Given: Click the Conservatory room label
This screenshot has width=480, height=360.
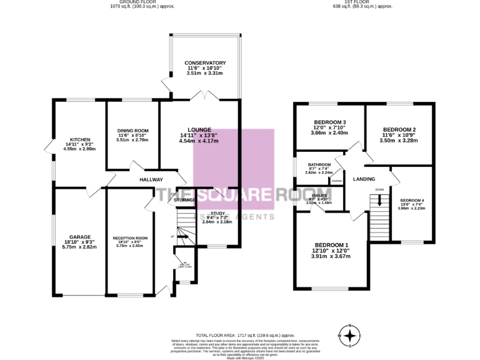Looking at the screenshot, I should click(x=205, y=63).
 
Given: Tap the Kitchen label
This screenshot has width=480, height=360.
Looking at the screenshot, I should click(x=80, y=139).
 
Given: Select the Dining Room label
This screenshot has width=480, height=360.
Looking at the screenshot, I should click(x=132, y=130).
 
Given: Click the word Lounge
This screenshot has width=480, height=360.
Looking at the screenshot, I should click(x=199, y=129).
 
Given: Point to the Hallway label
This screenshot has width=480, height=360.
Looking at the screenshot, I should click(x=151, y=180).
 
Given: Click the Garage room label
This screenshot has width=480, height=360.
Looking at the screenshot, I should click(x=80, y=237).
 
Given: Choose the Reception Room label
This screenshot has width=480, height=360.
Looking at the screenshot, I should click(x=130, y=238).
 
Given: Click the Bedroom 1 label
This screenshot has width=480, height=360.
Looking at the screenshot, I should click(x=331, y=244).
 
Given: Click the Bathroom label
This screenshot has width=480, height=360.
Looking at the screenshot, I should click(x=319, y=164).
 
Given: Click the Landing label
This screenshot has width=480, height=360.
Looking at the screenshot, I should click(x=364, y=179).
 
